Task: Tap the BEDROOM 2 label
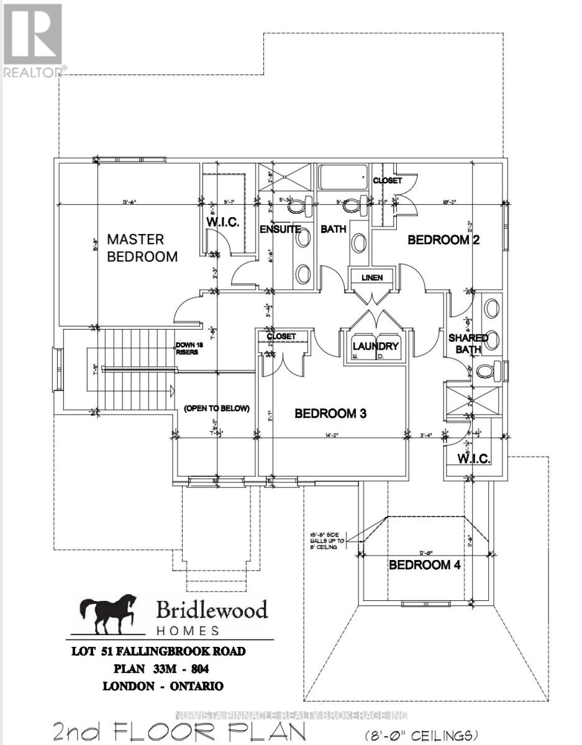(x=443, y=240)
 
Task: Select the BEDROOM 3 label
(x=330, y=413)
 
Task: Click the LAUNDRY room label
(x=375, y=346)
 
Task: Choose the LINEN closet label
(x=372, y=277)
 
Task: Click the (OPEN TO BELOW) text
(x=216, y=409)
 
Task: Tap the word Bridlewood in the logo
(x=211, y=610)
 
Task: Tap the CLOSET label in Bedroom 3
(x=281, y=336)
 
